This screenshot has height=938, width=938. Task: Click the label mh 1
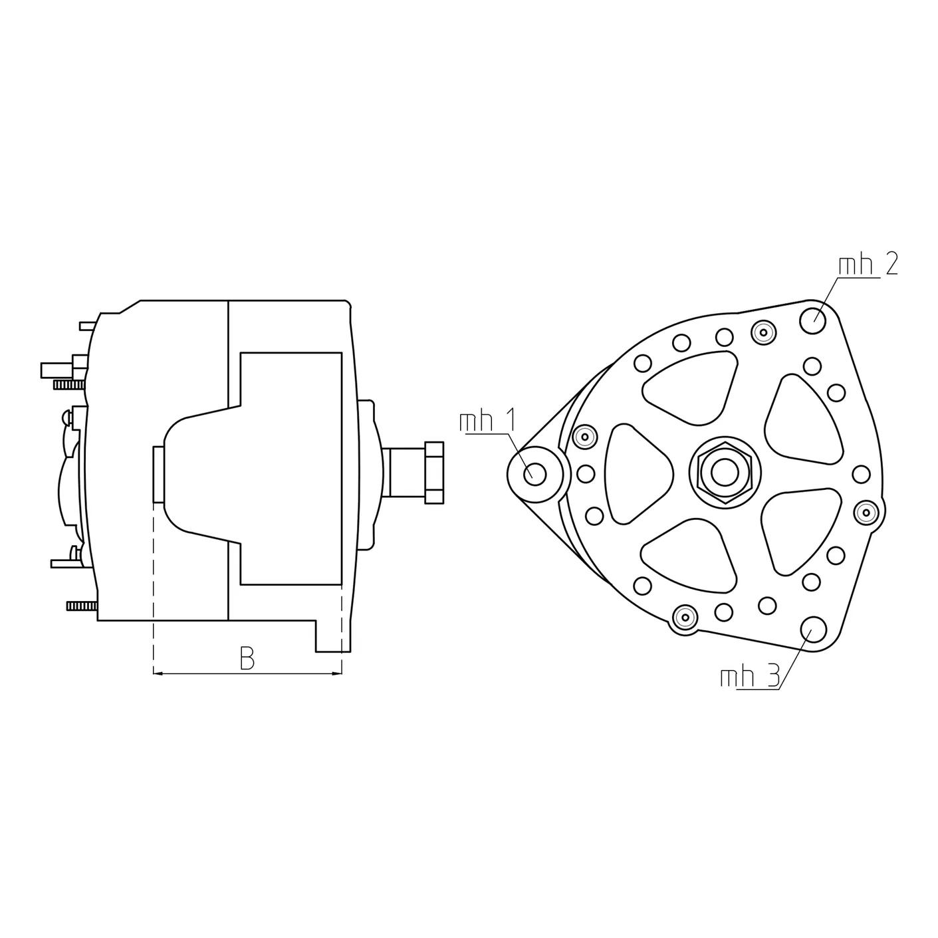pos(487,421)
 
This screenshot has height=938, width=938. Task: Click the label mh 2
pos(868,266)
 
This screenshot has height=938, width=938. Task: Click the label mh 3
pos(750,677)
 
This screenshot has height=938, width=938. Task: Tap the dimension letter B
pos(247,659)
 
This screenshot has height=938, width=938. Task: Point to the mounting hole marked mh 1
pos(535,473)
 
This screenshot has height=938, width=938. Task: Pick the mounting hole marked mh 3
pos(814,628)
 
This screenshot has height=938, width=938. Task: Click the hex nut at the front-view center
pos(725,472)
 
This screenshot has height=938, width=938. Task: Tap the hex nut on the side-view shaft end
pos(434,472)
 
